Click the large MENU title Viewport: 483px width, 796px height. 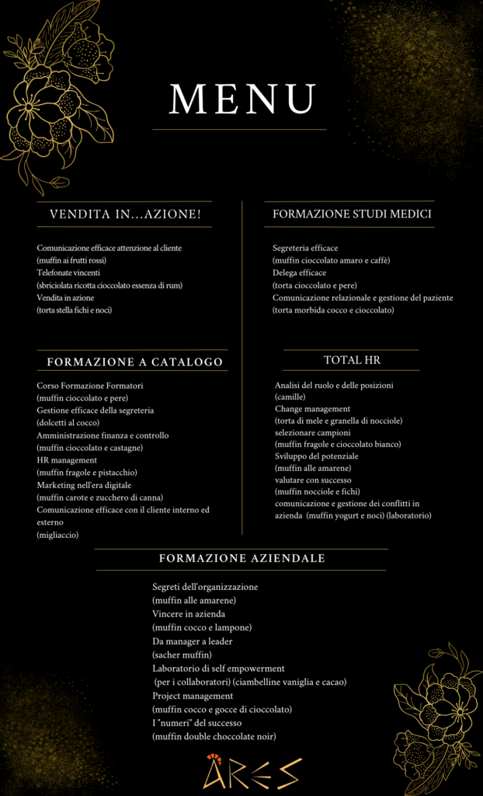(x=241, y=99)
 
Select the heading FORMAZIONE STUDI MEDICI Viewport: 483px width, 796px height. (x=353, y=214)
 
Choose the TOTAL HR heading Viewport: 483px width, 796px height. (x=352, y=360)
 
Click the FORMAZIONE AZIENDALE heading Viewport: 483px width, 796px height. (x=241, y=559)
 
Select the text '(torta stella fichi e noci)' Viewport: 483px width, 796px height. (x=80, y=310)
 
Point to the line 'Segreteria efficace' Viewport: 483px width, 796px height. (x=305, y=248)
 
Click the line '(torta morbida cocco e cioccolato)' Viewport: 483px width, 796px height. (x=333, y=310)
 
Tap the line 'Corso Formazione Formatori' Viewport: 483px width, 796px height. (x=90, y=386)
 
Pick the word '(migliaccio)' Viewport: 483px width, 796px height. (x=57, y=535)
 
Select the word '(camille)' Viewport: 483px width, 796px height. (x=290, y=396)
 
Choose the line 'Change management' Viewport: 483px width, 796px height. (x=312, y=409)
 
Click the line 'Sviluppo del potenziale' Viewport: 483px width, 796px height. (x=316, y=456)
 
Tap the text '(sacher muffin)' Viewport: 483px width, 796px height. (x=182, y=655)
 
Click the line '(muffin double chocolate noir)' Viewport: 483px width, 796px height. (x=214, y=736)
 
